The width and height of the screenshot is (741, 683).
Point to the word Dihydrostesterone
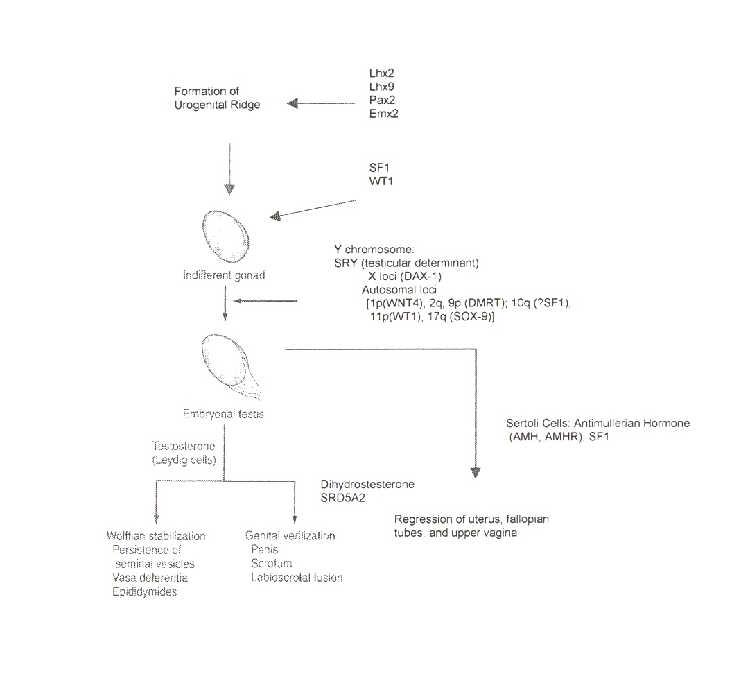[367, 484]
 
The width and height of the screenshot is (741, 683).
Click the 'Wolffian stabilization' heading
[156, 536]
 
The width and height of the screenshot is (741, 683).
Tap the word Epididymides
[144, 591]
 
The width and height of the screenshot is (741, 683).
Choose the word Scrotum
[272, 563]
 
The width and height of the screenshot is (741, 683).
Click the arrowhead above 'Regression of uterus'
[476, 473]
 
